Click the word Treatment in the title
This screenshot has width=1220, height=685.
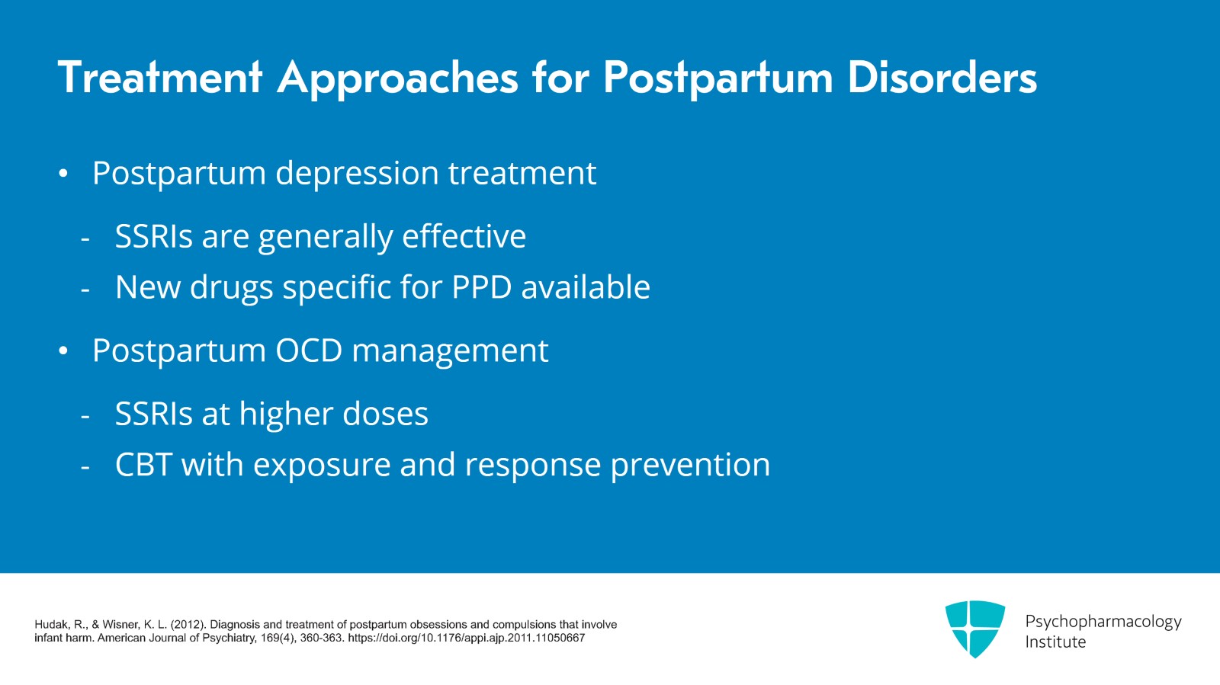160,78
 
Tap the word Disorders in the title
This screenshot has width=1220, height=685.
942,78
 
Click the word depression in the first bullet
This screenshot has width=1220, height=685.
357,174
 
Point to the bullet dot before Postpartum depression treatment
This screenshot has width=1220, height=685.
63,174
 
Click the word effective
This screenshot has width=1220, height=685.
464,236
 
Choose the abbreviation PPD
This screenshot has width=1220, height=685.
481,287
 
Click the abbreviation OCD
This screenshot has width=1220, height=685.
309,351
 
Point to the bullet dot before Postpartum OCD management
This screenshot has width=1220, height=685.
63,351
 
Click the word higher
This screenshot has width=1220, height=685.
286,415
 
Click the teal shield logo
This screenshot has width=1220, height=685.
974,628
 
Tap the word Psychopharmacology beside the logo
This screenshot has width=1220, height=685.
1103,622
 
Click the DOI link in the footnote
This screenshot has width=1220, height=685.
466,638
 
